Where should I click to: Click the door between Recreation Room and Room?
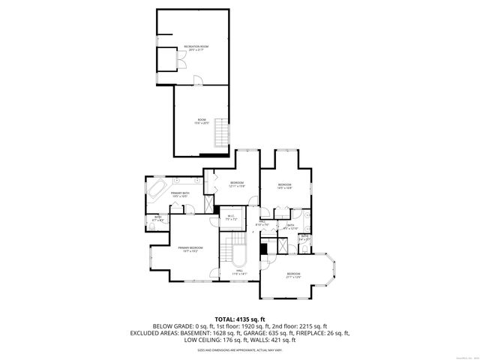(196, 80)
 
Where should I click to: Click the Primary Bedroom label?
(190, 249)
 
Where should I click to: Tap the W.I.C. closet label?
(232, 219)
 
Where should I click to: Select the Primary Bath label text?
(180, 195)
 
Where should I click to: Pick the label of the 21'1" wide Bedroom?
(292, 275)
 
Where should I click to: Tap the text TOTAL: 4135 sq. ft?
(240, 319)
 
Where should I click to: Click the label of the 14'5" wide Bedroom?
(285, 186)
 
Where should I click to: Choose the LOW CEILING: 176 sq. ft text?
(217, 339)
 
